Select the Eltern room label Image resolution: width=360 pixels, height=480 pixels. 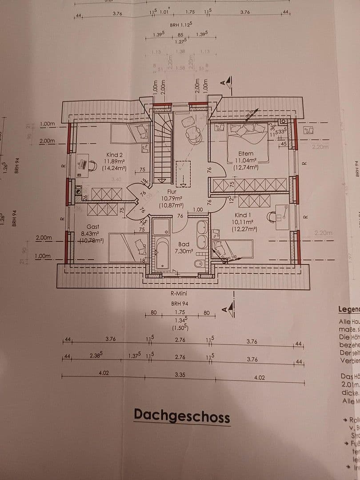(246, 154)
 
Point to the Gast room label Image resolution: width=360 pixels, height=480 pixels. (93, 227)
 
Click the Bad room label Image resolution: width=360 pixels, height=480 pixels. (184, 244)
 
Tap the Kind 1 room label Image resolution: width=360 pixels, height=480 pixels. (243, 215)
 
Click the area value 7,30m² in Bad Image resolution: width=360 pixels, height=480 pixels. (184, 251)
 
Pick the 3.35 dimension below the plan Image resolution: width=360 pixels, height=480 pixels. (180, 375)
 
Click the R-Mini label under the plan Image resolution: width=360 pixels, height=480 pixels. (180, 293)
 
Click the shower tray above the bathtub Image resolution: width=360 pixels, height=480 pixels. (161, 227)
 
